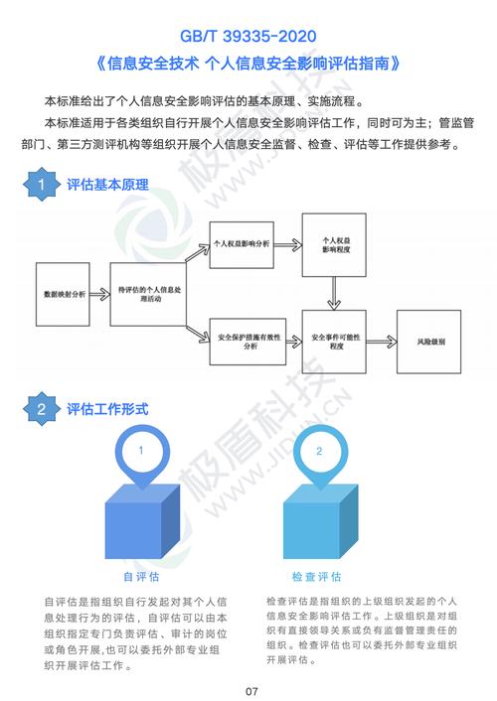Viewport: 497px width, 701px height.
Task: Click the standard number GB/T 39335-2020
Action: [x=248, y=36]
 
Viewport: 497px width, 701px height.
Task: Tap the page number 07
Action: [x=251, y=691]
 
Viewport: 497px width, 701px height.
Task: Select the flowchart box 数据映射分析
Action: [x=63, y=294]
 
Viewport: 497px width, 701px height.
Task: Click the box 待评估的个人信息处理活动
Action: [x=148, y=294]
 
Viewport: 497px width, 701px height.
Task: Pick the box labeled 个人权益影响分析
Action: [x=242, y=244]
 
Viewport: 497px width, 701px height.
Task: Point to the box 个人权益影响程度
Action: [x=334, y=245]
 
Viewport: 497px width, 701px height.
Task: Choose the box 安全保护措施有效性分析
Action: [x=248, y=342]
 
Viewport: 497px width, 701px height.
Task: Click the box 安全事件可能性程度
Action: [x=334, y=342]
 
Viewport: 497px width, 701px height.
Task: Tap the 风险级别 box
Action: [x=429, y=342]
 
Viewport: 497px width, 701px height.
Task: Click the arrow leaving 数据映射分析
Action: [x=99, y=294]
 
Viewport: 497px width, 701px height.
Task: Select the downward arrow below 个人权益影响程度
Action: [x=334, y=293]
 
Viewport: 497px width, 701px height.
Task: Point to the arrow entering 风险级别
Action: [x=382, y=342]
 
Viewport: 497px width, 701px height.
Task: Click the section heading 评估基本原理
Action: [x=107, y=185]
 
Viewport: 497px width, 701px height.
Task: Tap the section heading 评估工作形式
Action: [x=107, y=409]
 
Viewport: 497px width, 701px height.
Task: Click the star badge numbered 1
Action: [x=42, y=185]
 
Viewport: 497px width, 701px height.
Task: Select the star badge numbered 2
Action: [x=42, y=409]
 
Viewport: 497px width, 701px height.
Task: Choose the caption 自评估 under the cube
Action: [x=141, y=577]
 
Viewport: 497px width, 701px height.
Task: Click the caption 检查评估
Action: [x=316, y=577]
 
